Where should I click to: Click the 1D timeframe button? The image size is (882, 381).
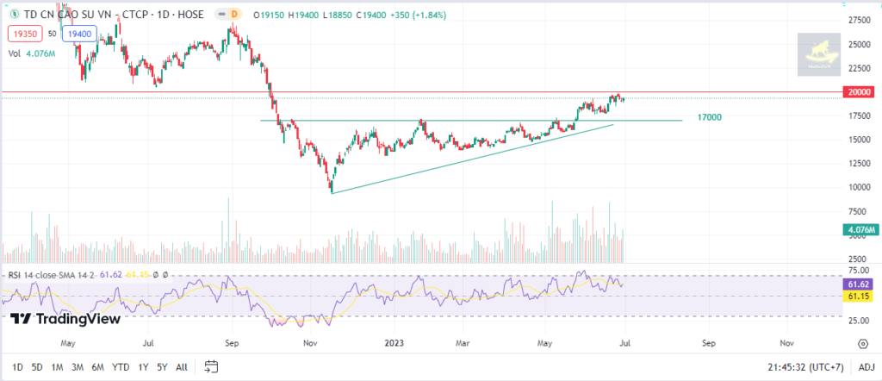(16, 366)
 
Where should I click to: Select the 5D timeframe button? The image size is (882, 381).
(37, 366)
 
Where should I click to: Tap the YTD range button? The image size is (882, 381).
(121, 366)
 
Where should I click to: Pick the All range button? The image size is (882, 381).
(181, 366)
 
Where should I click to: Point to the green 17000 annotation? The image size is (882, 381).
(710, 117)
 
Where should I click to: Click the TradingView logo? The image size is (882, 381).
(65, 318)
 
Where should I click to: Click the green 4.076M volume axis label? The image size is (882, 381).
(860, 229)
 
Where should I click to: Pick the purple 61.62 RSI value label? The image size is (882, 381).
(859, 283)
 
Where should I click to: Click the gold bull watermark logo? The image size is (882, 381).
(818, 53)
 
